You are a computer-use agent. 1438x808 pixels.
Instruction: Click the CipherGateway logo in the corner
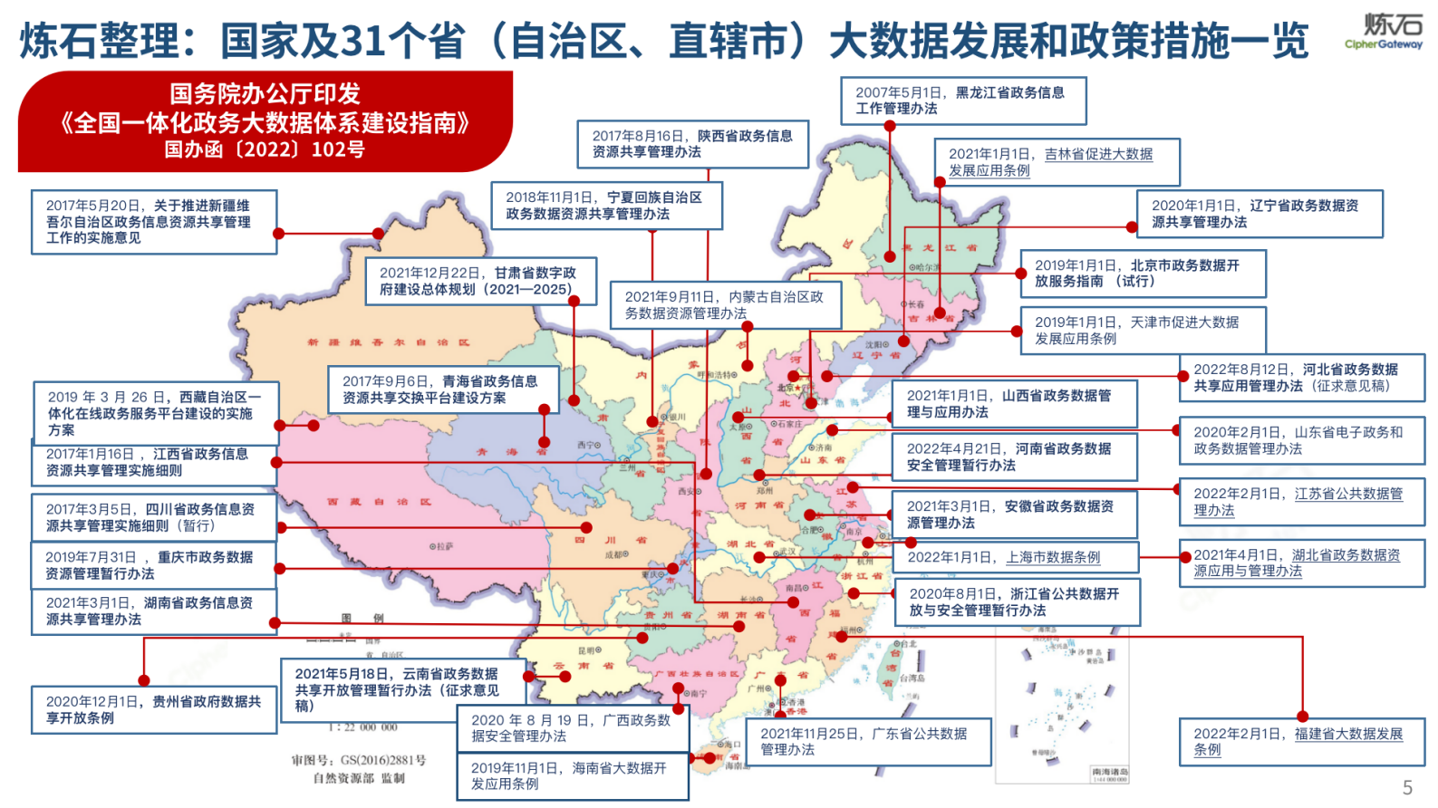pyautogui.click(x=1384, y=32)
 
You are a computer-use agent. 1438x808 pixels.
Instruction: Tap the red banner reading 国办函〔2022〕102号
pyautogui.click(x=265, y=149)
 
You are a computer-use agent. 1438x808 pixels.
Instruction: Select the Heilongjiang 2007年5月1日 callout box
pyautogui.click(x=963, y=101)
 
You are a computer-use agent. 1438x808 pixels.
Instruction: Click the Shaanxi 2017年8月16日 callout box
pyautogui.click(x=692, y=144)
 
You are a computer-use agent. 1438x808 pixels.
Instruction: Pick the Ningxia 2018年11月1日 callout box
pyautogui.click(x=606, y=206)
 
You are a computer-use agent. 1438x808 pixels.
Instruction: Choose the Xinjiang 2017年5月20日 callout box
pyautogui.click(x=153, y=222)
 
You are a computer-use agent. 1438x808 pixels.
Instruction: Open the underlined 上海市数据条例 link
pyautogui.click(x=1053, y=558)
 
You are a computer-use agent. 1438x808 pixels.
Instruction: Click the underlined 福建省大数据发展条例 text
pyautogui.click(x=1347, y=735)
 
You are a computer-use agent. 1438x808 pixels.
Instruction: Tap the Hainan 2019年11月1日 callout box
pyautogui.click(x=573, y=776)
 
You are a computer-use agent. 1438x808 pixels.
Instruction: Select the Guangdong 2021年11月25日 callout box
pyautogui.click(x=867, y=742)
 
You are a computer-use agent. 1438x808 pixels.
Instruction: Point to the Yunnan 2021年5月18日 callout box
pyautogui.click(x=401, y=689)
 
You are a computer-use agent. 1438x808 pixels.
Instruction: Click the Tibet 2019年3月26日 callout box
pyautogui.click(x=155, y=413)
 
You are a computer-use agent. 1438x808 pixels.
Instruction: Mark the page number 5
pyautogui.click(x=1407, y=787)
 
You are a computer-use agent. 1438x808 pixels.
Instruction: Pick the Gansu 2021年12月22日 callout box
pyautogui.click(x=480, y=282)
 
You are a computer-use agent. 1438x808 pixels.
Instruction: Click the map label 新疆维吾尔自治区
pyautogui.click(x=389, y=343)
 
